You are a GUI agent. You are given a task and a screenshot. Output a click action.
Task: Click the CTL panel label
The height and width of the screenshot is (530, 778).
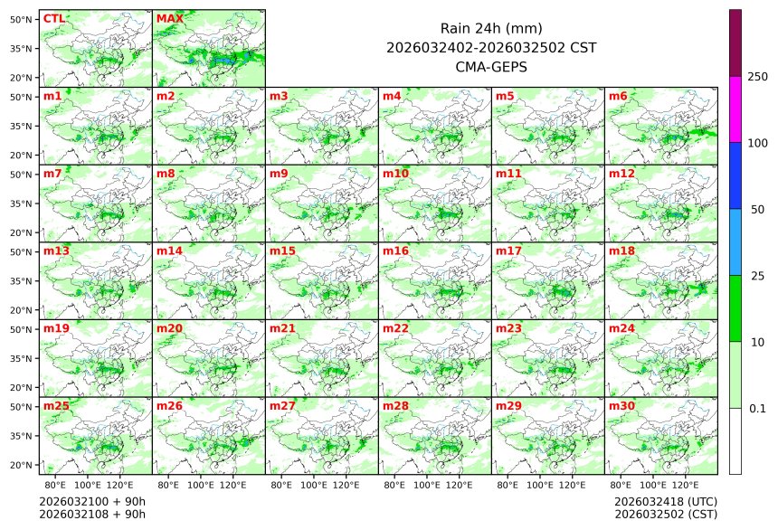coord(53,18)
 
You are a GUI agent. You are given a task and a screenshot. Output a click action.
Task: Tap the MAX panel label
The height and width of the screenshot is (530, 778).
coord(166,18)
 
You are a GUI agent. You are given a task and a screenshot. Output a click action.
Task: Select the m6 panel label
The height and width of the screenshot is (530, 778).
coord(618,96)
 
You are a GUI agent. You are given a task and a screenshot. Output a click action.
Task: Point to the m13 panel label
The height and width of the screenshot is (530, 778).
coord(56,251)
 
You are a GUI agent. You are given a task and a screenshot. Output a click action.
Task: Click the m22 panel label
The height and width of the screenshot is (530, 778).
coord(395,328)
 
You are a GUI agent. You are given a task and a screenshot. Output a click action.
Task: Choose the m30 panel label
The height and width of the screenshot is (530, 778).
coord(621,406)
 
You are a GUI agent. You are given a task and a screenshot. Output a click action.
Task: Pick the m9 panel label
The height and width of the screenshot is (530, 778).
coord(279,173)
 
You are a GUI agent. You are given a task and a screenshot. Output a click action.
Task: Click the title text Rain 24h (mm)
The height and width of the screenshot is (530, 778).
coord(491,28)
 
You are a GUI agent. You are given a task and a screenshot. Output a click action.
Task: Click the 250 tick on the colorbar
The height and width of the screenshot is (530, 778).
coord(757,77)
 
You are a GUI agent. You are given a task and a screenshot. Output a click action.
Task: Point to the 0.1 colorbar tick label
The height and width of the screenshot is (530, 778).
coord(757,408)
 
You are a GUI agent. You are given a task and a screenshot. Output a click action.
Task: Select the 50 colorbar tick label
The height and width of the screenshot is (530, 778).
coord(757,210)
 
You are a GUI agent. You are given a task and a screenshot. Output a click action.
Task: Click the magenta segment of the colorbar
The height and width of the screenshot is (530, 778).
coord(735,109)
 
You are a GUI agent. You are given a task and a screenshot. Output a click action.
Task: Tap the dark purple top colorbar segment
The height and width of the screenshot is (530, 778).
coord(735,43)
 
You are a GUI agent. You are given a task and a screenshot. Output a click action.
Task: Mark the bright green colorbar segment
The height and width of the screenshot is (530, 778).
coord(735,308)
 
